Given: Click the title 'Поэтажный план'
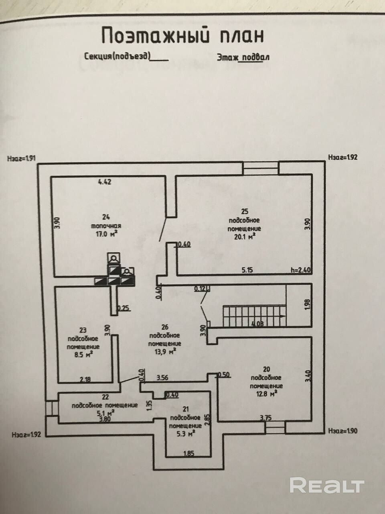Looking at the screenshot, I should point(182,35).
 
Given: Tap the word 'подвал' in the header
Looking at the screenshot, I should point(254,57).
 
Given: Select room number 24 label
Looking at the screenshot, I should point(106,218).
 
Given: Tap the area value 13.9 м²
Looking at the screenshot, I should point(164,352).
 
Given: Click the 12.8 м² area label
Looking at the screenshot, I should point(266,394).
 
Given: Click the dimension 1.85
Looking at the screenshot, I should point(188,454).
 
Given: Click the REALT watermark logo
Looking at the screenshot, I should point(326,485).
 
